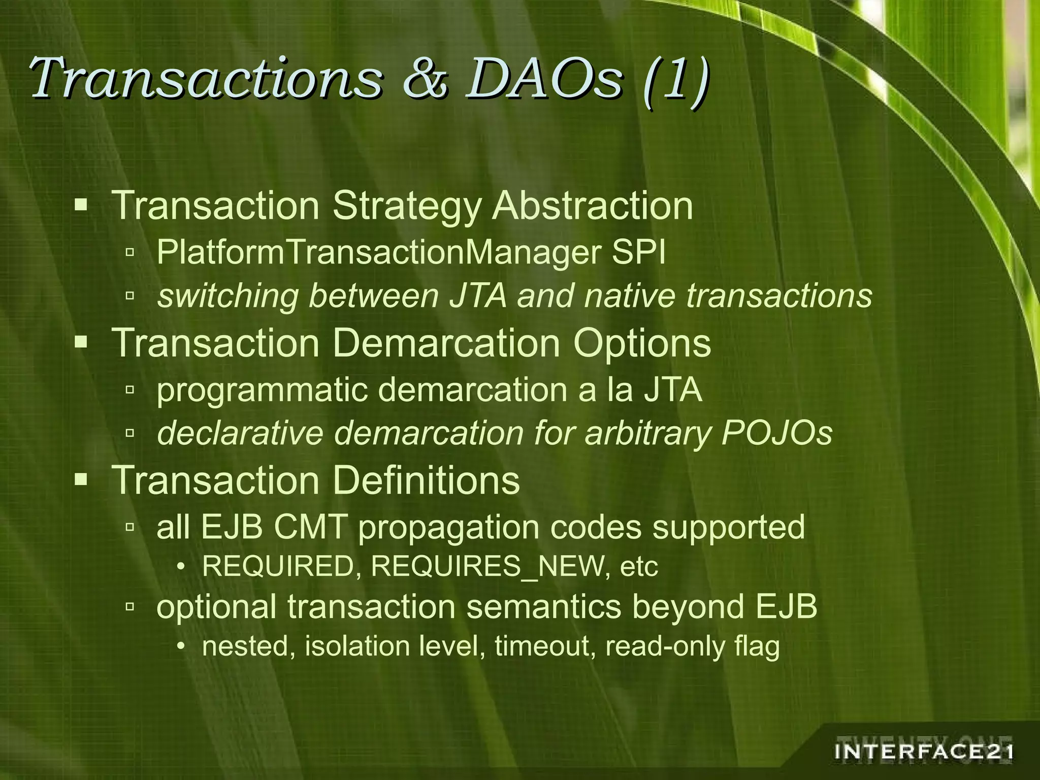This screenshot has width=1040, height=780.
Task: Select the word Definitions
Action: [x=426, y=480]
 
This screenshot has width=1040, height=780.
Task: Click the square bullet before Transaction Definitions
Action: [x=81, y=479]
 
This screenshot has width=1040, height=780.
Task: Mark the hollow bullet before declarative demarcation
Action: [x=130, y=433]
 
